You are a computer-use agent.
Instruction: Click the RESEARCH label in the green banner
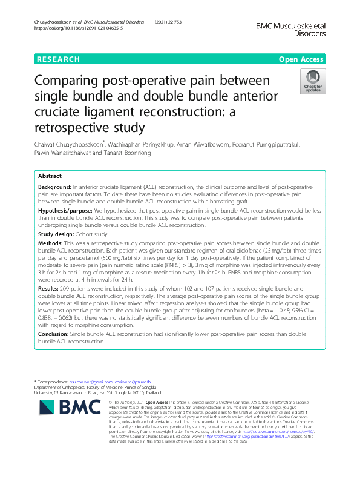tap(58, 59)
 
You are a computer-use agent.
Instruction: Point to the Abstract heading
tap(50, 176)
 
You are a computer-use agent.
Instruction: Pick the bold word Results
tap(51, 289)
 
